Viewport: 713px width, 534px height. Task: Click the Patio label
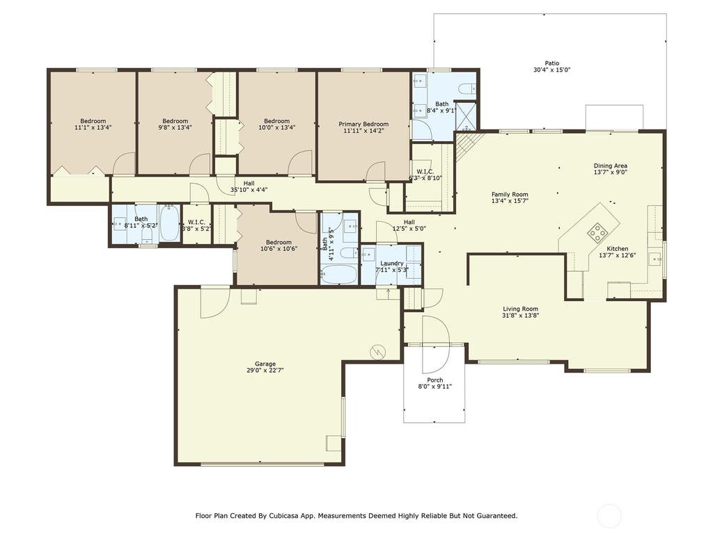(x=552, y=63)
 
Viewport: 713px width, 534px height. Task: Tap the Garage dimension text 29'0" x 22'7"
(x=265, y=370)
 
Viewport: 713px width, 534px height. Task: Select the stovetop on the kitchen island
(x=597, y=232)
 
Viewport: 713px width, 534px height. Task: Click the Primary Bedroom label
(x=363, y=124)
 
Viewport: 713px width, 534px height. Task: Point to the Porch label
(x=434, y=380)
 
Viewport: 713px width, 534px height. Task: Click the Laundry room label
(x=391, y=264)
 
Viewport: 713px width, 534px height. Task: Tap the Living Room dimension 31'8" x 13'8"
(x=521, y=315)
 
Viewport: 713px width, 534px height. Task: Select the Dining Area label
(x=610, y=165)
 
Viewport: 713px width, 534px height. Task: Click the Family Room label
(x=510, y=194)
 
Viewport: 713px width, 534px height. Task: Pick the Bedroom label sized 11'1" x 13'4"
(x=93, y=121)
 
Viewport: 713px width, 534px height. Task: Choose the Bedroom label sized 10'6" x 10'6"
(x=279, y=242)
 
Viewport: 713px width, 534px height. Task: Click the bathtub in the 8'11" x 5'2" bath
(x=169, y=223)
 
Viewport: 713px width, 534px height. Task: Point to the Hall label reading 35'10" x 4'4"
(x=249, y=184)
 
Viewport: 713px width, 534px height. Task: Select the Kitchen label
(x=618, y=249)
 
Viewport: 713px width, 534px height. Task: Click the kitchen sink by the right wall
(x=655, y=259)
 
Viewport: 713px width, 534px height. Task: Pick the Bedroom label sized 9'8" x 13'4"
(x=175, y=121)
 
